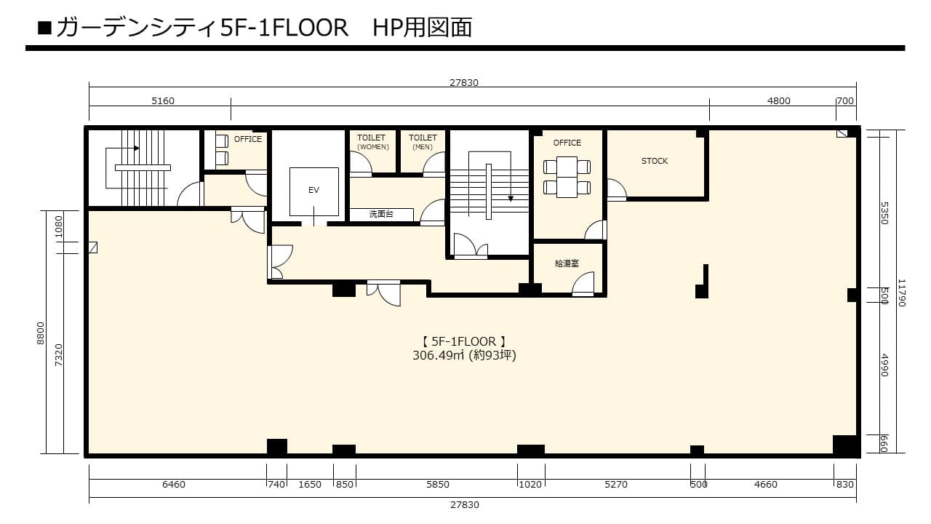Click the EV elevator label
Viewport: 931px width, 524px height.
click(x=313, y=190)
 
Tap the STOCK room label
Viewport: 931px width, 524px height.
click(x=654, y=161)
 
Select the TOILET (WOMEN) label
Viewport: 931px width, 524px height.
click(x=372, y=142)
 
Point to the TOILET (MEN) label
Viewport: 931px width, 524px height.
click(x=423, y=142)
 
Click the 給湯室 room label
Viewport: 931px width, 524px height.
click(x=567, y=263)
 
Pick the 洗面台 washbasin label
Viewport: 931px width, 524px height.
click(x=381, y=214)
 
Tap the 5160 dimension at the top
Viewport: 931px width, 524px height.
click(x=162, y=100)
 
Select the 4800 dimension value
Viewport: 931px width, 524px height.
click(x=778, y=100)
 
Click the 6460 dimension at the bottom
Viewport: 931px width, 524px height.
click(x=174, y=485)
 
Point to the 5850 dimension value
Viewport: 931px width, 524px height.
click(x=438, y=485)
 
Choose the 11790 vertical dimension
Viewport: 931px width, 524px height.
click(x=901, y=293)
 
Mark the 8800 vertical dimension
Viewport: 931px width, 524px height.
click(x=40, y=333)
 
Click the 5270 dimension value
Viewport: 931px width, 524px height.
click(x=616, y=485)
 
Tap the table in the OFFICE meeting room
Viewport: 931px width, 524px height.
click(x=567, y=177)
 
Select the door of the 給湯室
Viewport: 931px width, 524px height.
click(x=583, y=284)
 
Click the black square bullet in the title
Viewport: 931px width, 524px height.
click(x=44, y=28)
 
